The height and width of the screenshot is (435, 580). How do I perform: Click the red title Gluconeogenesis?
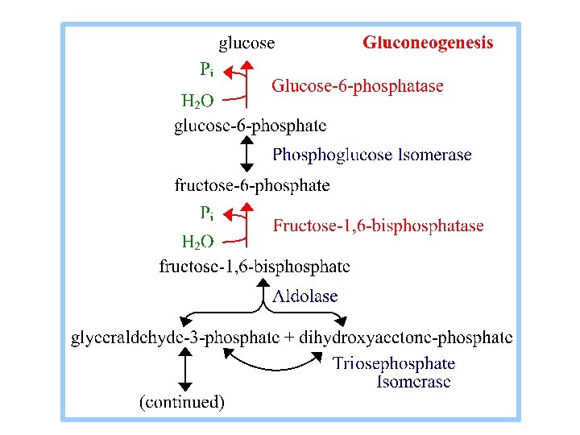pos(428,43)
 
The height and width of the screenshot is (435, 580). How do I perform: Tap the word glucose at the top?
pos(247,43)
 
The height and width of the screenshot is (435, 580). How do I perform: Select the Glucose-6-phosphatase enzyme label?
pos(357,86)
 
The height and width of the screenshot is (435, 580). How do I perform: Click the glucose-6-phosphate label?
pos(251,126)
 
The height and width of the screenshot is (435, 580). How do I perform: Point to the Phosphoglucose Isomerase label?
pos(372,155)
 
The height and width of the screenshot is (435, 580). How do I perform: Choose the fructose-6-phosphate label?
pos(252,185)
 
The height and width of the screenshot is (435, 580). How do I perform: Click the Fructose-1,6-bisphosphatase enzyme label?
pos(379,226)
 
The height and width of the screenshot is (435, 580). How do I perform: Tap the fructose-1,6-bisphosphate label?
pos(255,266)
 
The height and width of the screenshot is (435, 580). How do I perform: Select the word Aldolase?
pos(304,296)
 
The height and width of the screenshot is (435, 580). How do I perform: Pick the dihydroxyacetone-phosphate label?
pos(405,338)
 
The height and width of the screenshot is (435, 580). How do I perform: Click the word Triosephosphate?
pos(394,364)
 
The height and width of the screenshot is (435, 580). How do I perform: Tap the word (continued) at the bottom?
pos(182,401)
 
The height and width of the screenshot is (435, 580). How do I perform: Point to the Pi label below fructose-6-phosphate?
pos(206,214)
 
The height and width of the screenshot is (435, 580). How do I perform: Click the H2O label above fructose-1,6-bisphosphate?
pos(197,242)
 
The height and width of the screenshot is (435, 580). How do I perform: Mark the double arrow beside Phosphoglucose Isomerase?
pos(247,155)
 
